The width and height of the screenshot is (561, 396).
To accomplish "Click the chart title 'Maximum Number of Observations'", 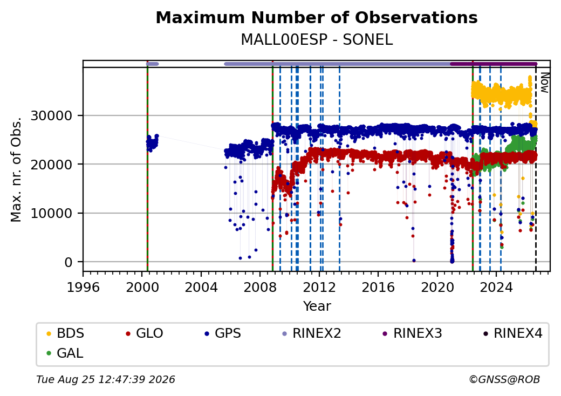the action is click(317, 17).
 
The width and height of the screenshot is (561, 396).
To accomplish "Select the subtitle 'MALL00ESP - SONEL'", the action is click(317, 40).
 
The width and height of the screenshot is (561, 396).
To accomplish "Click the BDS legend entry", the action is click(65, 333).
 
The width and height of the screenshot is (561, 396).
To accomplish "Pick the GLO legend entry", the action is click(145, 333).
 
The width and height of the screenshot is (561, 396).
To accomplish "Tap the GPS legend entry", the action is click(223, 333).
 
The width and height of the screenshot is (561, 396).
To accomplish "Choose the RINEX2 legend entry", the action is click(312, 333).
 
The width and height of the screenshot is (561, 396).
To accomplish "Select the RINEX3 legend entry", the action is click(413, 333).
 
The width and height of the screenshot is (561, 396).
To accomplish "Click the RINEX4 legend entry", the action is click(512, 333).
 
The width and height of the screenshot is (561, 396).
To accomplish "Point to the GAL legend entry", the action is click(65, 353).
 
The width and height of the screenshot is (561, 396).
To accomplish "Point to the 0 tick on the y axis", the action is click(69, 263).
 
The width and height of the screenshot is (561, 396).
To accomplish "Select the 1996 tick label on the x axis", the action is click(83, 287).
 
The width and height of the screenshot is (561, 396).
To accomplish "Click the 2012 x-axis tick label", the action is click(319, 287).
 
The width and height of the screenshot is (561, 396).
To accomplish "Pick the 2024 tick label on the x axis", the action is click(496, 287).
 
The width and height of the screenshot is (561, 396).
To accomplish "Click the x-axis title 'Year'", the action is click(317, 306).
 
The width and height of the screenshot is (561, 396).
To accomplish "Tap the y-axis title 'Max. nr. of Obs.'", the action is click(16, 169).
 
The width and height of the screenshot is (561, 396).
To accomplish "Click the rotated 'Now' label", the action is click(544, 83).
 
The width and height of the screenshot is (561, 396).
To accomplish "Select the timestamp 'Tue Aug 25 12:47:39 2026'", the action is click(106, 379).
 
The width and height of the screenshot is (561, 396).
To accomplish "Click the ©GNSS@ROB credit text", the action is click(504, 379).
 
